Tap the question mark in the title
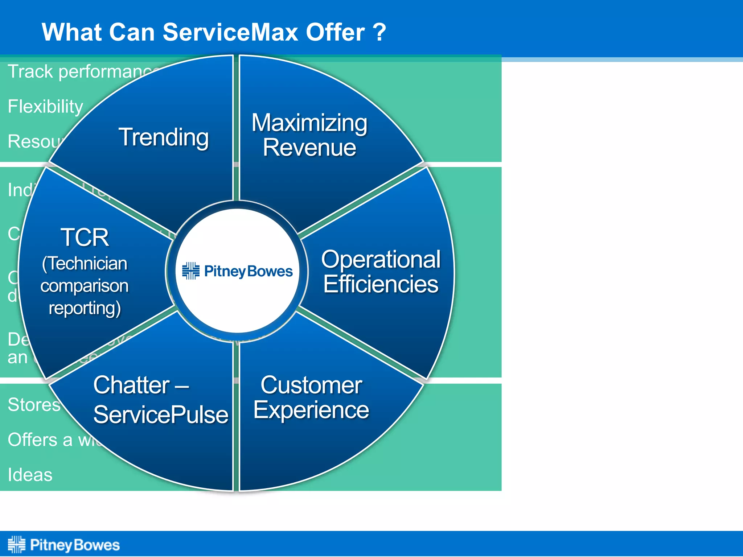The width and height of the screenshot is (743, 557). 379,33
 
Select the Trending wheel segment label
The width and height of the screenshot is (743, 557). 164,137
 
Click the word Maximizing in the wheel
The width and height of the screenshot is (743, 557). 309,123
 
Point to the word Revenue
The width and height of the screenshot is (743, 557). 309,148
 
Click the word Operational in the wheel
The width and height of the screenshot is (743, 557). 381,259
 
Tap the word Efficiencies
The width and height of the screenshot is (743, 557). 381,284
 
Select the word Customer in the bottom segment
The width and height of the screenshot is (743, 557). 311,385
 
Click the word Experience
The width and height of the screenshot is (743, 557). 311,410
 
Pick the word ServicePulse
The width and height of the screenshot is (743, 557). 161,415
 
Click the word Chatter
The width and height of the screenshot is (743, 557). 131,385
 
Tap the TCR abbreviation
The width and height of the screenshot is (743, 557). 85,238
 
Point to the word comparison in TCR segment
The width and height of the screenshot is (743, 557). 84,286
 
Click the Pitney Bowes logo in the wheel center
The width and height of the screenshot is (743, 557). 237,271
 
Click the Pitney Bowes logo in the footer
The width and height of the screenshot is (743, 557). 64,545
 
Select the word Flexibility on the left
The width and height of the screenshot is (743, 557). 45,107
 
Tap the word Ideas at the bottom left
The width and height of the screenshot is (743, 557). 30,475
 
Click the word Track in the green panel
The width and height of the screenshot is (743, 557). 30,71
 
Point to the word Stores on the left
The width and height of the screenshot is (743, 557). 34,405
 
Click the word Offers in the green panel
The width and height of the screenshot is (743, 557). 32,440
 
